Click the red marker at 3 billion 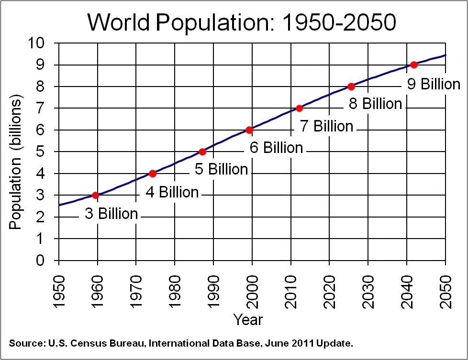[95, 195]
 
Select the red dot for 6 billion [249, 130]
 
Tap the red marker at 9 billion [414, 65]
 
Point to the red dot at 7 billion [300, 108]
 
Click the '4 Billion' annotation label [172, 192]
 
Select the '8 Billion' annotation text [375, 104]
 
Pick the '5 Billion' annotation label [222, 169]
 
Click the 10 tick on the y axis [37, 43]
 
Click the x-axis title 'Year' [248, 319]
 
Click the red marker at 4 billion [153, 173]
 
